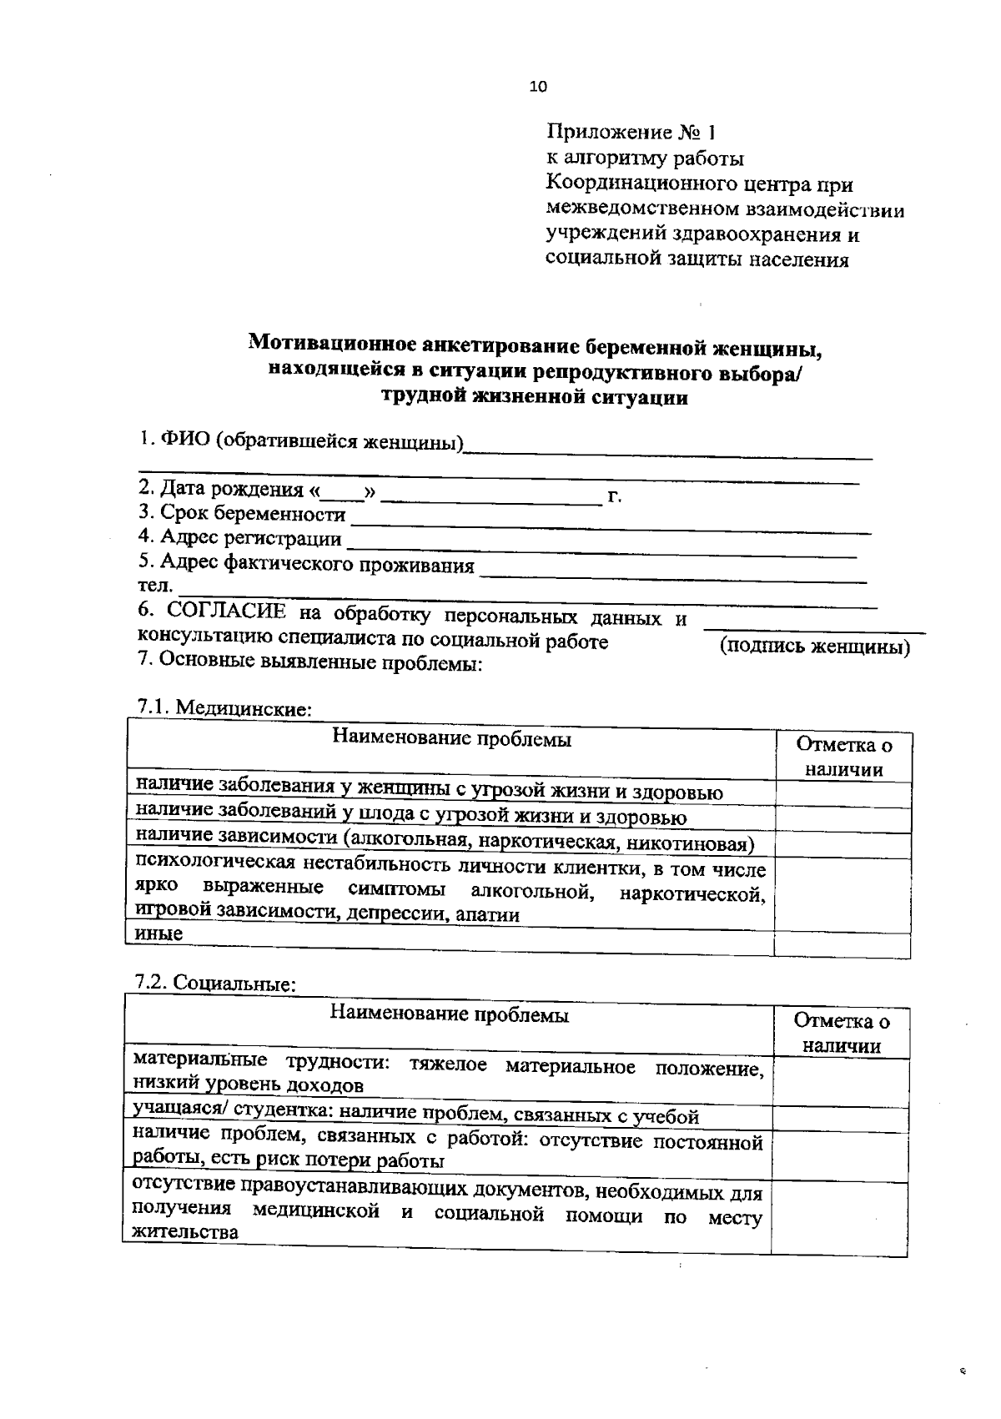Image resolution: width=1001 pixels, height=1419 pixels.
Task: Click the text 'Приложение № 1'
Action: [631, 133]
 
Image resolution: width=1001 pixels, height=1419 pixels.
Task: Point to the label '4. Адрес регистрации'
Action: [240, 539]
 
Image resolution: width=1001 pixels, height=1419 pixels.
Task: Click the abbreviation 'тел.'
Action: [155, 586]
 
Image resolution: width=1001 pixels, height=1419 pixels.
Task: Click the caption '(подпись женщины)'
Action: [814, 647]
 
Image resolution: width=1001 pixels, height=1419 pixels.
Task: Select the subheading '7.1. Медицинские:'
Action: [224, 708]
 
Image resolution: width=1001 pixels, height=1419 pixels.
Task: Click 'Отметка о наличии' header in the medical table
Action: [843, 757]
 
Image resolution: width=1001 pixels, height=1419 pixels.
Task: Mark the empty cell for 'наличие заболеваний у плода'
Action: [843, 820]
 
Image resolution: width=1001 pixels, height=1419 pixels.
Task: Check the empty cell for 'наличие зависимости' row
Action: [843, 845]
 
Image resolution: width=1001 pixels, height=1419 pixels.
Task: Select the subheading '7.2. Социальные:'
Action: [216, 984]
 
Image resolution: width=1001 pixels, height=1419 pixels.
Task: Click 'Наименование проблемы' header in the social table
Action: [450, 1015]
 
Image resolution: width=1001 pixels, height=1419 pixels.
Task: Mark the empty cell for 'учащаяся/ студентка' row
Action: [840, 1119]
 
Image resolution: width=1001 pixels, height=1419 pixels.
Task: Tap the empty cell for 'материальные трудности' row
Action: [840, 1083]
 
